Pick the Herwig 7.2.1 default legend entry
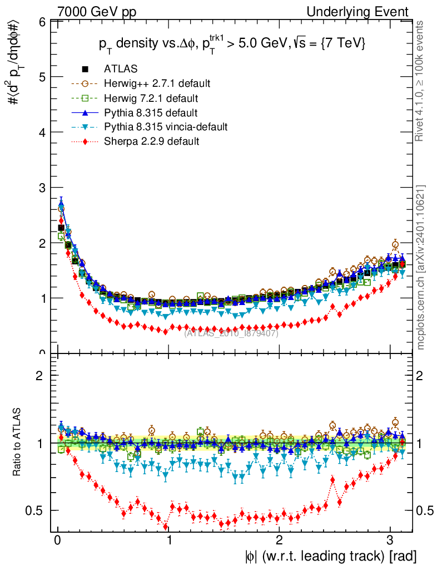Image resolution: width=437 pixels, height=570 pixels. click(x=151, y=98)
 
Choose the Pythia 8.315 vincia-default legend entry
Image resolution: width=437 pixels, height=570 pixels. click(x=166, y=127)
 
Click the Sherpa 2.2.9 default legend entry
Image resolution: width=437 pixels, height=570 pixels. click(x=151, y=141)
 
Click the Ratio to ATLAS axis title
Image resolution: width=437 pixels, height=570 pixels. click(x=17, y=443)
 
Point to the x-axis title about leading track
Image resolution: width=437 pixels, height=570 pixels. click(x=329, y=556)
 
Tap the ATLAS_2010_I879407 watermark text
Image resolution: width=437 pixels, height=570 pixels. click(x=231, y=333)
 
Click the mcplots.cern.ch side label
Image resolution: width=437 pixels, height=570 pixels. click(x=421, y=267)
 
